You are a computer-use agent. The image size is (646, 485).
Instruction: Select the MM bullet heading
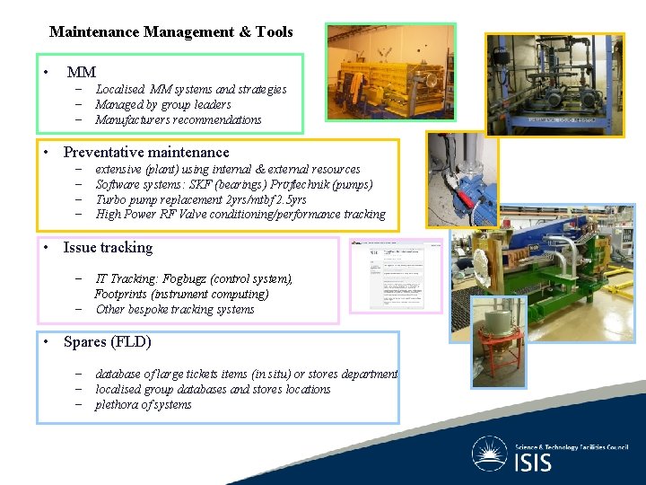(x=81, y=72)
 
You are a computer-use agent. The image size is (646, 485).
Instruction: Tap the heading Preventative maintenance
(x=146, y=153)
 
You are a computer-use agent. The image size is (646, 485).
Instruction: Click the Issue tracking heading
(x=108, y=248)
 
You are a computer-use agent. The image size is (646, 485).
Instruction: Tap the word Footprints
(x=126, y=294)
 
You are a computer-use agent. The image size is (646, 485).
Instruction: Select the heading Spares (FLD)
(x=107, y=342)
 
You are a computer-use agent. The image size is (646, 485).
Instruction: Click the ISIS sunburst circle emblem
(x=491, y=454)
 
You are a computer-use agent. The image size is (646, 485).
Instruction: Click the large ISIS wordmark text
(x=534, y=463)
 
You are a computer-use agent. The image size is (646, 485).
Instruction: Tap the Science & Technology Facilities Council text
(x=571, y=446)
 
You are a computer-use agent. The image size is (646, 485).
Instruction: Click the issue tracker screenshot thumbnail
(x=396, y=276)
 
